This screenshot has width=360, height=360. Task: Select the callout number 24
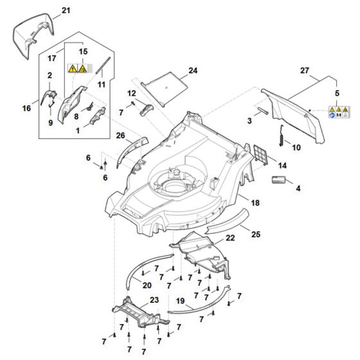coord(193,69)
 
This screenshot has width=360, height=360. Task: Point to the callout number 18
coord(255,203)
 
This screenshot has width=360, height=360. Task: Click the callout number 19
coord(180,300)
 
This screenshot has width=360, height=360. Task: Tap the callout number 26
coord(120,135)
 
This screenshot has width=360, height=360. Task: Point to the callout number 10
coord(296,147)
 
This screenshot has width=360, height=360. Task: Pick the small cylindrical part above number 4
coord(278,178)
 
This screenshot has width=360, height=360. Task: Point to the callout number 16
coord(27,109)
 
